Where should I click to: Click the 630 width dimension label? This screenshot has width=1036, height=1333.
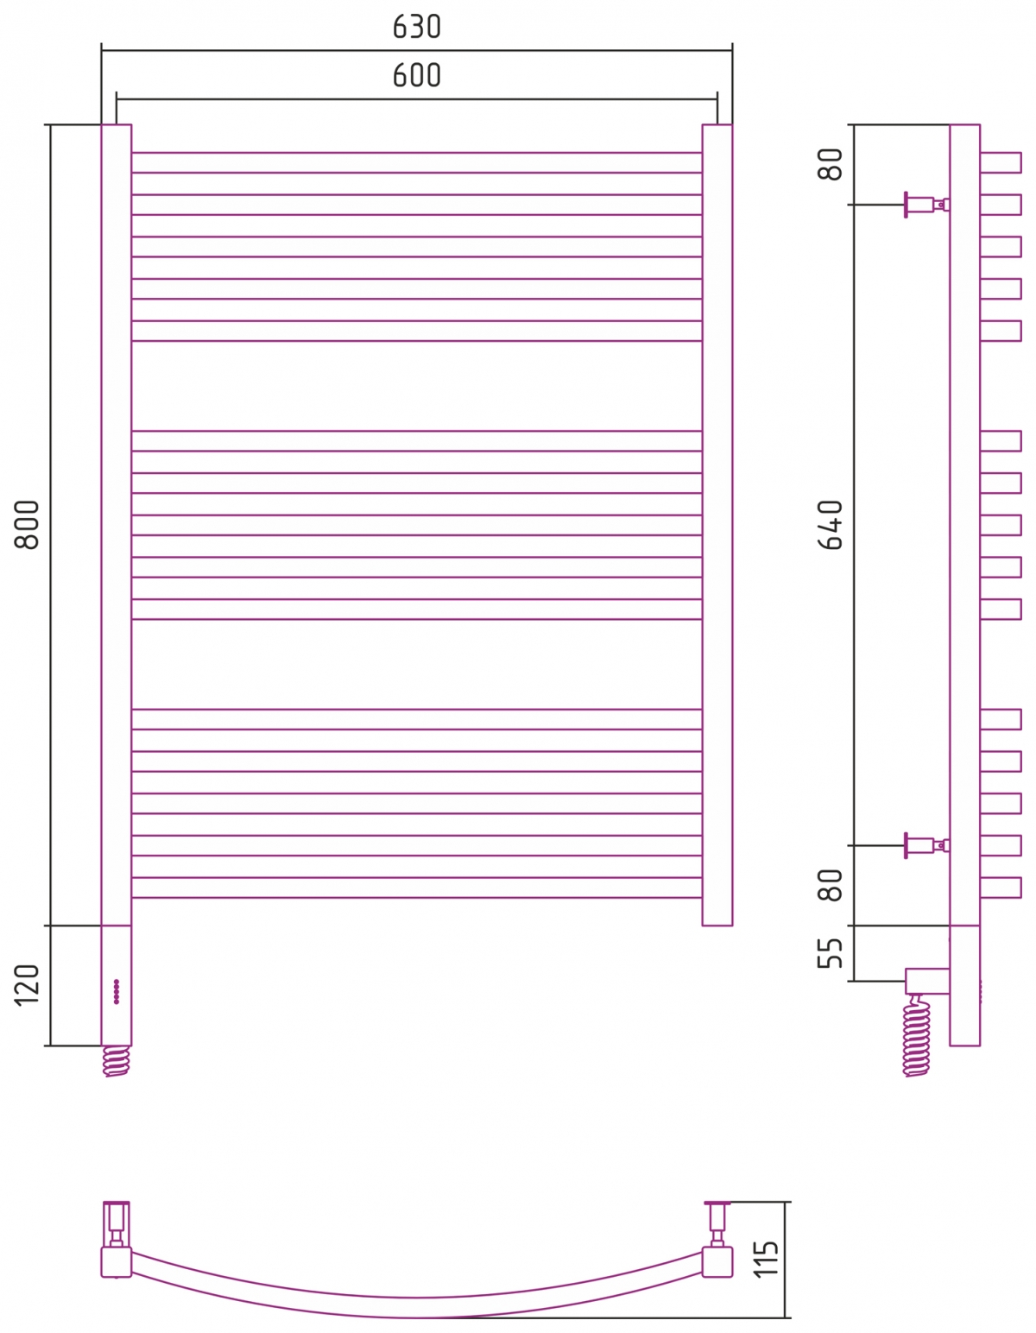pos(416,27)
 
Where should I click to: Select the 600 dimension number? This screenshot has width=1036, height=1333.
pos(416,76)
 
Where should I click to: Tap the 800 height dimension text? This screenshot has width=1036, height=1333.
pos(27,525)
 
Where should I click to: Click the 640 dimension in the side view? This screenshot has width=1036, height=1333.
pos(831,525)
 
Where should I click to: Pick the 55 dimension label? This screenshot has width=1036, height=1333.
pos(831,953)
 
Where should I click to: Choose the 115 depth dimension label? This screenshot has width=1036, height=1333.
pos(766,1260)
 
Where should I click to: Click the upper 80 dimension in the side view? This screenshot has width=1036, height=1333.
pos(831,164)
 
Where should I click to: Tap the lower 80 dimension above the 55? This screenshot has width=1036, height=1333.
pos(831,885)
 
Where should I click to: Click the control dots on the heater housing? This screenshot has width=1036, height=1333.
pos(117,991)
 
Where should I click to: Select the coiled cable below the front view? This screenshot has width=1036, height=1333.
pos(117,1061)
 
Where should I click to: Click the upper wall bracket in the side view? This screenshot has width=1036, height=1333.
pos(927,205)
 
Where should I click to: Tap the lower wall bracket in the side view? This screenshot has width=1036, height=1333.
pos(927,845)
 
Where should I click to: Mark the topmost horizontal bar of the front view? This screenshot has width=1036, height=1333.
pos(416,162)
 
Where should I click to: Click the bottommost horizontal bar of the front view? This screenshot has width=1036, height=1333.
pos(416,888)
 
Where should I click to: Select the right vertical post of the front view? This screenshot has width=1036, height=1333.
pos(717,525)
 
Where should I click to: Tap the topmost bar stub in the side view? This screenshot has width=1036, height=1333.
pos(1001,162)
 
